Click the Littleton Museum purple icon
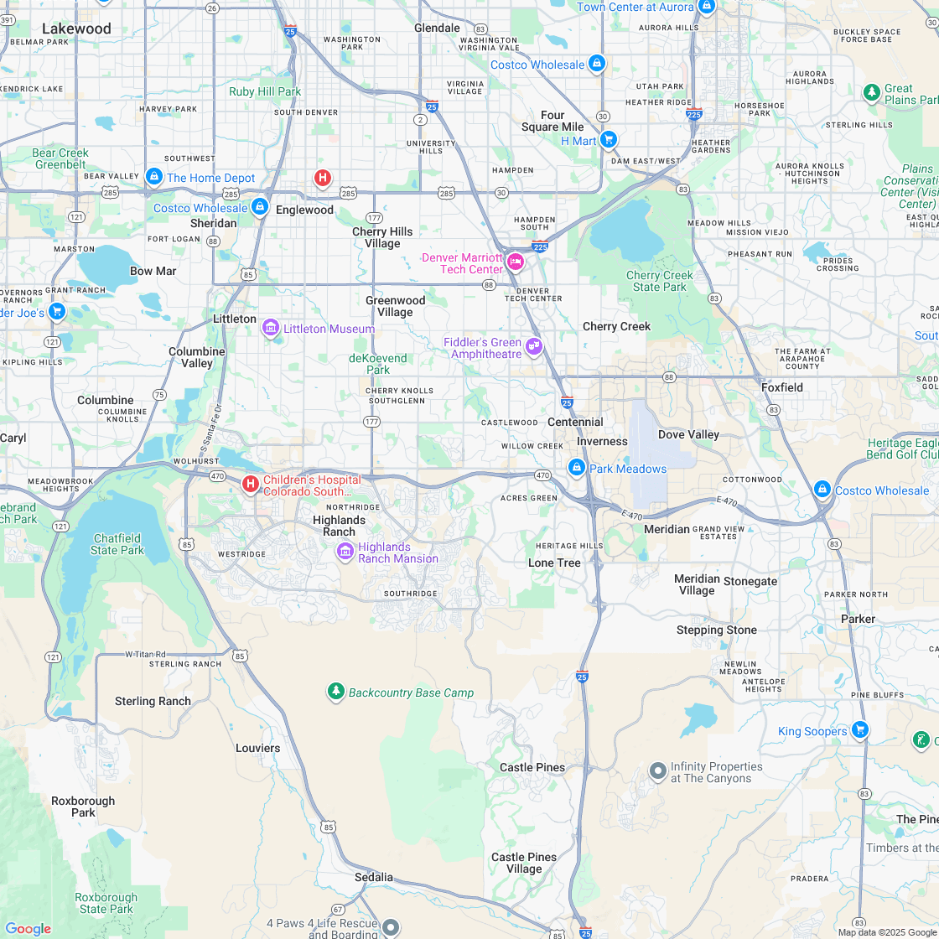(x=271, y=328)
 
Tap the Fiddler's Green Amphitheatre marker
(x=534, y=345)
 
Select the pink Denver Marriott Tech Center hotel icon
(x=516, y=262)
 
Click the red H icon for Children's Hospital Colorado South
(x=250, y=485)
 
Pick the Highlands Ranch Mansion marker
(x=345, y=552)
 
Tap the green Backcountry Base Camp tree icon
(x=336, y=692)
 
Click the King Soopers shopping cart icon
(x=859, y=730)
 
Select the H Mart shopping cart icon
(x=609, y=140)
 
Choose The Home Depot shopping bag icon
(x=153, y=177)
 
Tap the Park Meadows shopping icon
(x=577, y=468)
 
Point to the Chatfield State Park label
(x=117, y=544)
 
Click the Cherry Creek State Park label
(x=659, y=281)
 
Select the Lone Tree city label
(x=554, y=563)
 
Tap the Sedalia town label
(x=374, y=877)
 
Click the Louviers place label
(x=257, y=748)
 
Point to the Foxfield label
(x=781, y=387)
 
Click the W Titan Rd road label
(x=145, y=654)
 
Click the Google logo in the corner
(x=28, y=928)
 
